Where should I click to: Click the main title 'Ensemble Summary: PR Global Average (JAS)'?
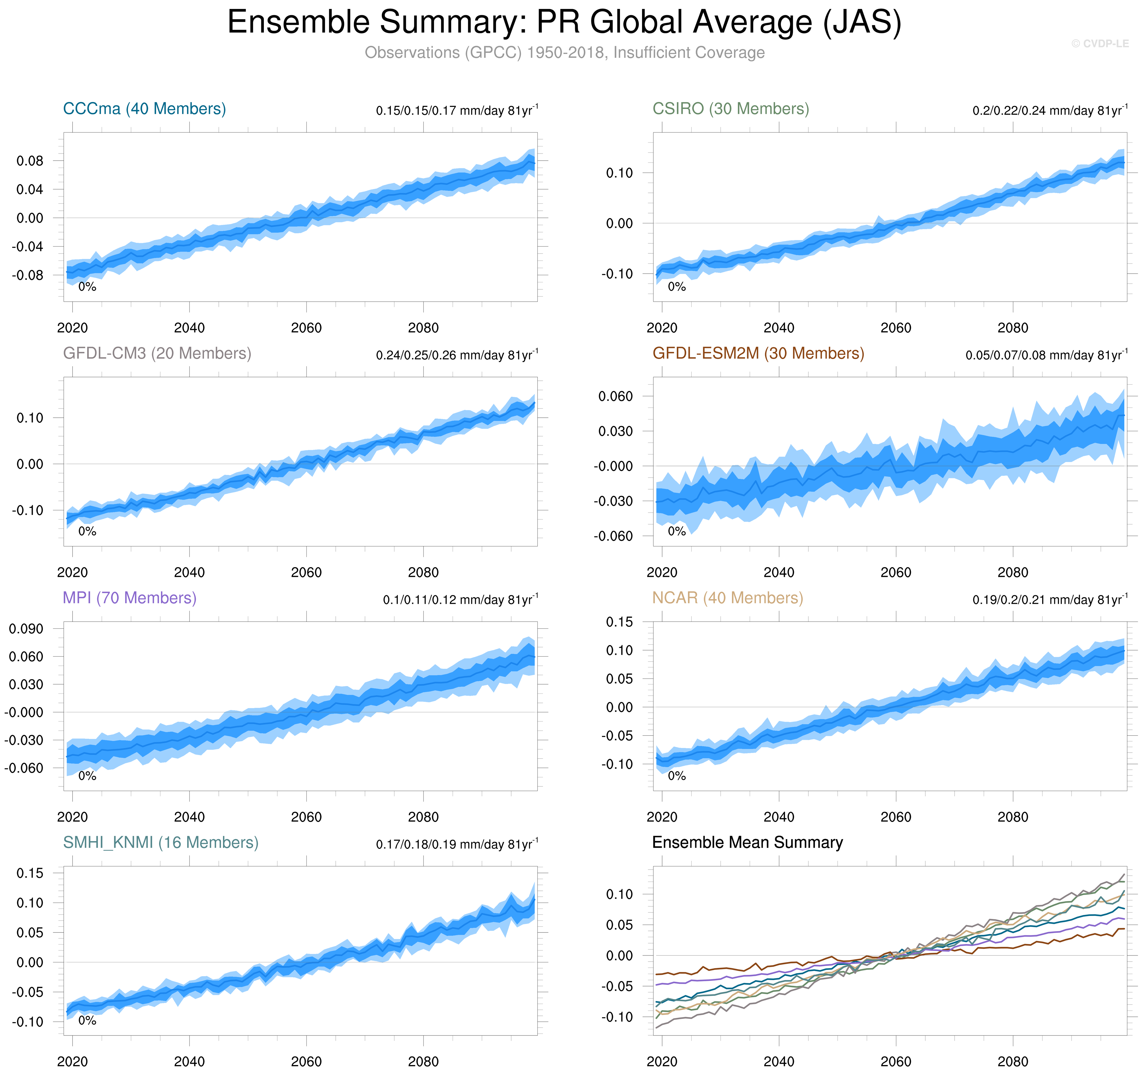564,23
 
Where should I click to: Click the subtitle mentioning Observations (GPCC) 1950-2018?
564,53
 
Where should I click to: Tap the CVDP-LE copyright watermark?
1100,44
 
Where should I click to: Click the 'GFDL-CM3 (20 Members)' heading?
157,353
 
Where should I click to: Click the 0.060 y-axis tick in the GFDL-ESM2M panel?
615,397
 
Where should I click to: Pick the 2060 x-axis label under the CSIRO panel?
896,328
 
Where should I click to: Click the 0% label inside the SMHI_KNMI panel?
87,1020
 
